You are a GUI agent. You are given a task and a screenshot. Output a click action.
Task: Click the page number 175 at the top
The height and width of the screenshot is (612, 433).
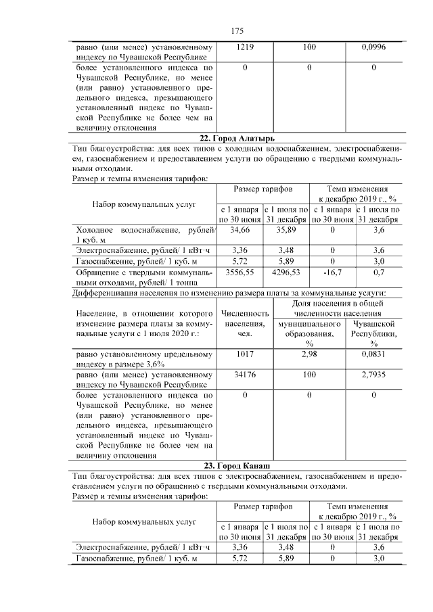coord(237,31)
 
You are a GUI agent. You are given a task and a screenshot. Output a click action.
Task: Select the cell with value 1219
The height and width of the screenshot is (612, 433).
coord(244,48)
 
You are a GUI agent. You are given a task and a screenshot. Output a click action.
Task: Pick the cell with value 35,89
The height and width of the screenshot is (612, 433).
coord(286,231)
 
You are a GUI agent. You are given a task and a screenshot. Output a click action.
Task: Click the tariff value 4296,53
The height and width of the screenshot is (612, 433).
coord(286,272)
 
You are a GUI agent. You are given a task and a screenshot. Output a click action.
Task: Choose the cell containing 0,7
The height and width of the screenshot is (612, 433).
coord(379,272)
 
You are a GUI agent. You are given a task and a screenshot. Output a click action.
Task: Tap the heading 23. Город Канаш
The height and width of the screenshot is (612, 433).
coord(237,467)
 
